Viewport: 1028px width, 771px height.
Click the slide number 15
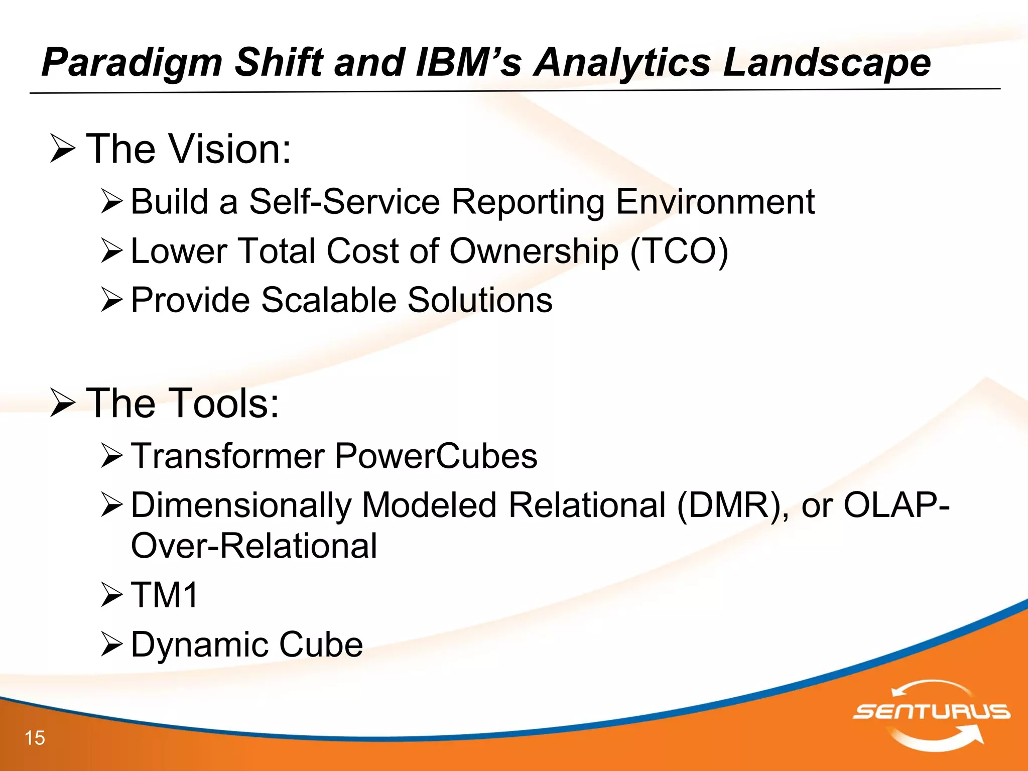point(35,738)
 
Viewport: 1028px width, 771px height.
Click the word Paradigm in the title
point(132,63)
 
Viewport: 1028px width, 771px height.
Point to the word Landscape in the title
point(826,63)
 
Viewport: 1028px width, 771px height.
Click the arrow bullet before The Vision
point(63,150)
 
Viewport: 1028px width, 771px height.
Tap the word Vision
point(230,149)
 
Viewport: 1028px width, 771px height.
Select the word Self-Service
point(345,202)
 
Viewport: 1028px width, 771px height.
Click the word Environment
point(715,202)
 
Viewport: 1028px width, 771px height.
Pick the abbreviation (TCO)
point(679,251)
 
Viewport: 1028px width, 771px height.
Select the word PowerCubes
point(436,456)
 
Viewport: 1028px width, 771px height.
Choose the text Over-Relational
point(254,546)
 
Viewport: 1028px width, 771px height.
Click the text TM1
point(165,595)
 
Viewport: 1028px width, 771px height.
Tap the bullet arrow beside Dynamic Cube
point(111,645)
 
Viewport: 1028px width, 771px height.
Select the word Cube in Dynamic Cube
point(321,645)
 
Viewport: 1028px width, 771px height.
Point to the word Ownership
point(534,251)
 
